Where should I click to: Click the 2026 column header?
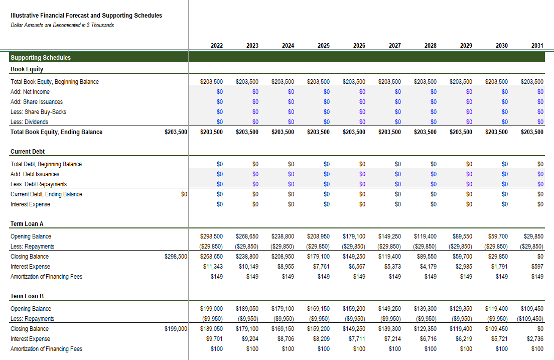pos(359,46)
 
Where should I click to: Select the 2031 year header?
pos(537,46)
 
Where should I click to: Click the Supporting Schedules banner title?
pos(41,58)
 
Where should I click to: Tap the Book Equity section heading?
pos(27,69)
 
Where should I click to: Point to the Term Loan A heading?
pos(27,224)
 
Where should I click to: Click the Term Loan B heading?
pos(27,296)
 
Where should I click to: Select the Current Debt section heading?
pos(28,152)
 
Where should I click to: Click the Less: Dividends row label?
pos(29,122)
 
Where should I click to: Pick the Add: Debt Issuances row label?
pos(35,174)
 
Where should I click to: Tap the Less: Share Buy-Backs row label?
pos(39,112)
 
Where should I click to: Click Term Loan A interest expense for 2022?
pos(213,267)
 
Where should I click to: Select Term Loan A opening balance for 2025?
pos(318,236)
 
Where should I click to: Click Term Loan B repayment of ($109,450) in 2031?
pos(530,319)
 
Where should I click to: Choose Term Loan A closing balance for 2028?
pos(427,257)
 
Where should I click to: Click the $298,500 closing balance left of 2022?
pos(176,257)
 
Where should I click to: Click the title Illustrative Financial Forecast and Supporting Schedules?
pos(86,16)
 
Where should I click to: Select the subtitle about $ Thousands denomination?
pos(62,25)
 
